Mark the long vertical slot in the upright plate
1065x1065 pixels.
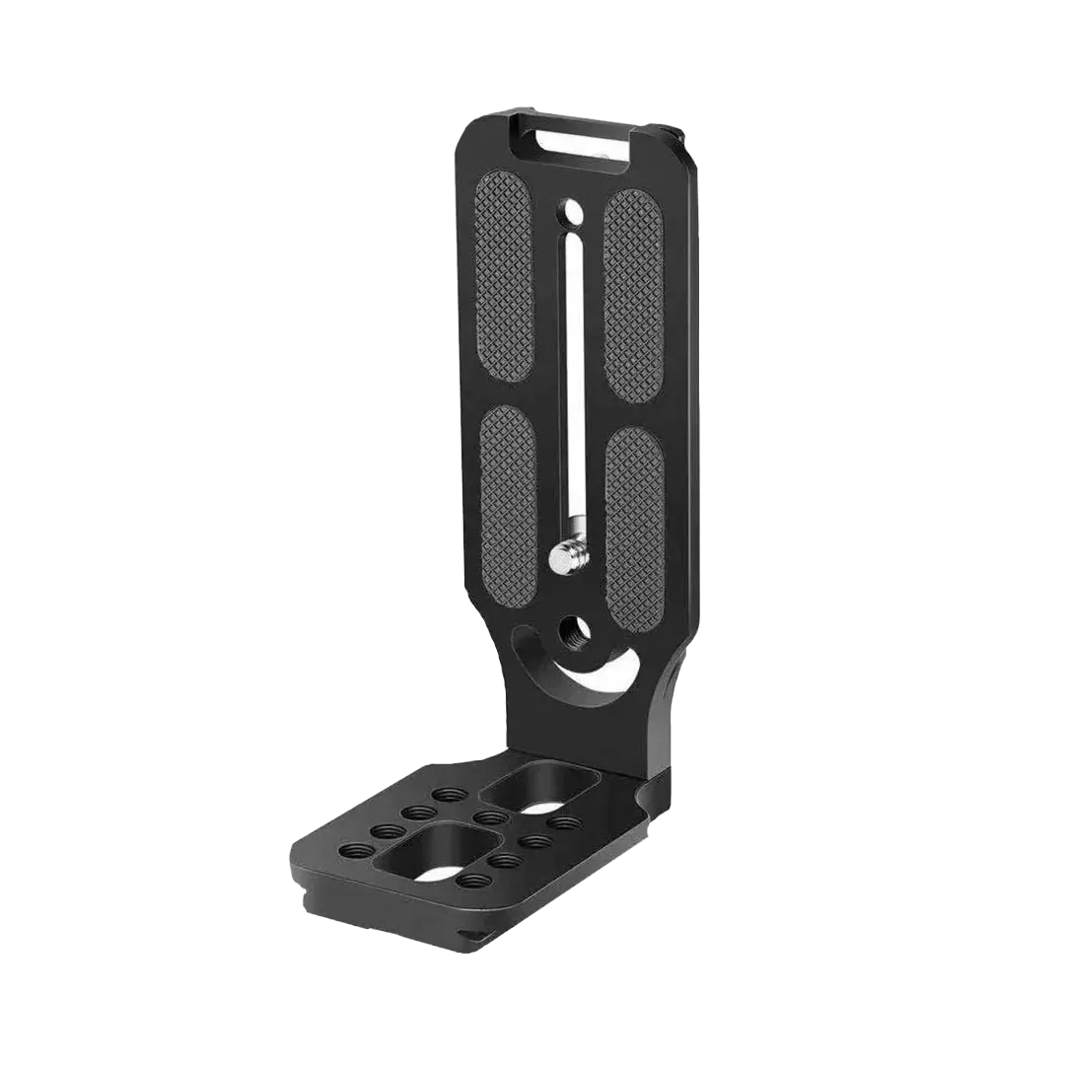[568, 394]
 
